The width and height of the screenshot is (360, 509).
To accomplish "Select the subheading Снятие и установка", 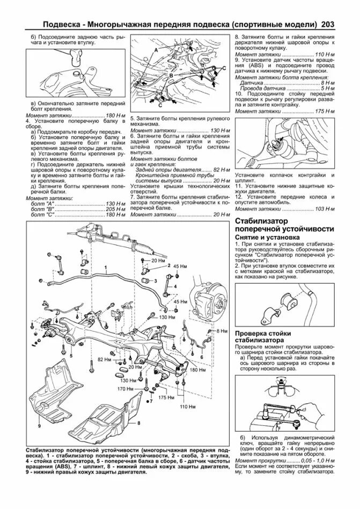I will [x=263, y=237].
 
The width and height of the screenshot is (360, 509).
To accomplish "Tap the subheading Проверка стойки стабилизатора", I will [x=259, y=336].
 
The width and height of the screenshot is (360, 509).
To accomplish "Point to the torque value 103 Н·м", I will [x=324, y=208].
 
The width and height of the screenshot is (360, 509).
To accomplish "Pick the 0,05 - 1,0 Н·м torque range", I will [x=315, y=461].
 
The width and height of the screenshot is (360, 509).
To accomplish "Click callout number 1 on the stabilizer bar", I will [x=106, y=267].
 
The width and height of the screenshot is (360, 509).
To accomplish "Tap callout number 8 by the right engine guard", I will [x=138, y=423].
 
